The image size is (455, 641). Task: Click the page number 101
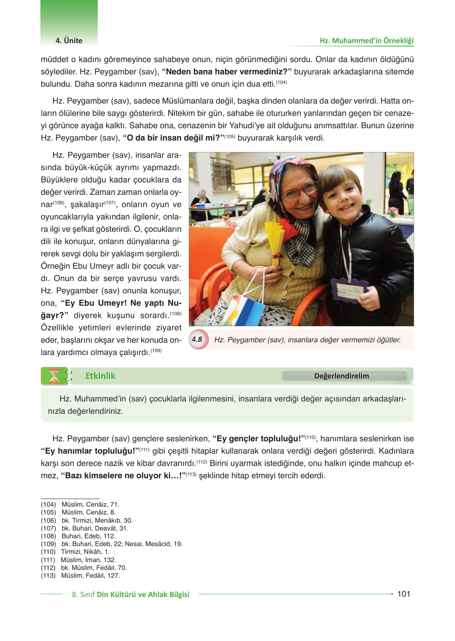click(404, 594)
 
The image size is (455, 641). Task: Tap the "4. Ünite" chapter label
click(69, 41)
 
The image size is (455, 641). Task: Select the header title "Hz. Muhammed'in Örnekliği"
click(367, 41)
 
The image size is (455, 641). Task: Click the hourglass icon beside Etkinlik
click(54, 376)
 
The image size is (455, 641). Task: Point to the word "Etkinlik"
click(100, 376)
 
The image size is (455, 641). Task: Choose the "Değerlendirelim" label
click(341, 376)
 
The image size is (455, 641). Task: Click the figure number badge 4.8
click(197, 339)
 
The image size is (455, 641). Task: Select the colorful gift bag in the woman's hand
click(241, 302)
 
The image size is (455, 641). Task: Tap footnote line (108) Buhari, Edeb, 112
click(78, 536)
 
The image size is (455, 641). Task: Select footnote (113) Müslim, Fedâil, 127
click(80, 576)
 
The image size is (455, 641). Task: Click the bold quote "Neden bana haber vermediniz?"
click(227, 72)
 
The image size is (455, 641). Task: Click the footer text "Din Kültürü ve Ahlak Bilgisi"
click(143, 595)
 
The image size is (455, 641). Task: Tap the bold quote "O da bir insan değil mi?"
click(173, 138)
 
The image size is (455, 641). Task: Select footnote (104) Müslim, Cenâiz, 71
click(80, 505)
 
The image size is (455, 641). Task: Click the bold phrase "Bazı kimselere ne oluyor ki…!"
click(123, 476)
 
